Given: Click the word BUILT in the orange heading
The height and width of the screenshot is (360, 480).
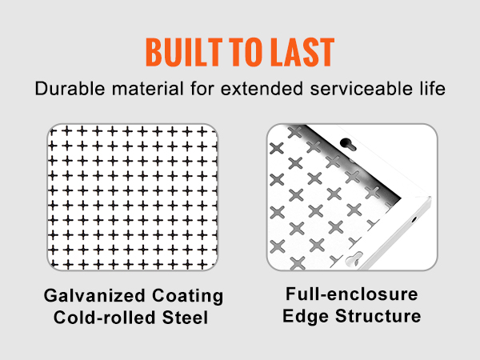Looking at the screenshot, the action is pos(184,52).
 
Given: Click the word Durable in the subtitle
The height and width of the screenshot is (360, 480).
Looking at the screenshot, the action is pos(70,89).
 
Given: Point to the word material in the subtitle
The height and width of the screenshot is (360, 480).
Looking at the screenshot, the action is pos(147,89).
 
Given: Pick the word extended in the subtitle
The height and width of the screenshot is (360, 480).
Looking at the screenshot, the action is pos(262,89).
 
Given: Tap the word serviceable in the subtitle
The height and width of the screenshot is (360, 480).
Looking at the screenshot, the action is pos(362,89).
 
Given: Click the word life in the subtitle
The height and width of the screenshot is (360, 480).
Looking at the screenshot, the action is pos(433,89).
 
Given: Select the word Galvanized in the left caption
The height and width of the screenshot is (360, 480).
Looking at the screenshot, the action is pos(94,296).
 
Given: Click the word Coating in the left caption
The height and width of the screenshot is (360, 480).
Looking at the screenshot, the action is pos(188,296).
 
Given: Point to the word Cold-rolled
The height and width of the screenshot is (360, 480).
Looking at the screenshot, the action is pos(104,317).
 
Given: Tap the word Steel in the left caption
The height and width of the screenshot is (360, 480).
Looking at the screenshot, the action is pos(186,317).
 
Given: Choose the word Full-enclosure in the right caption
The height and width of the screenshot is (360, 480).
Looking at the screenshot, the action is pos(352,294).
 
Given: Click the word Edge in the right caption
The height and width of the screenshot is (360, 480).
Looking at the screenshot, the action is pos(306,316).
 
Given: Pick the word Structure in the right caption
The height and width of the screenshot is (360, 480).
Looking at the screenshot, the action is pos(378,316).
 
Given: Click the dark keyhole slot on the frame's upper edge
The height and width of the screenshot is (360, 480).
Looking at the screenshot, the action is pos(348,144).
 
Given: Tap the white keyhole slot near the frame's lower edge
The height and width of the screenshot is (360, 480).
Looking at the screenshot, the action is pos(354,259).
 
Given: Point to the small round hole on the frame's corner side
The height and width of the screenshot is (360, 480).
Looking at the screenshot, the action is pos(414,219).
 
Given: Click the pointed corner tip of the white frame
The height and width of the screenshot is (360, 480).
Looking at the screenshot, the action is pos(431,197).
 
